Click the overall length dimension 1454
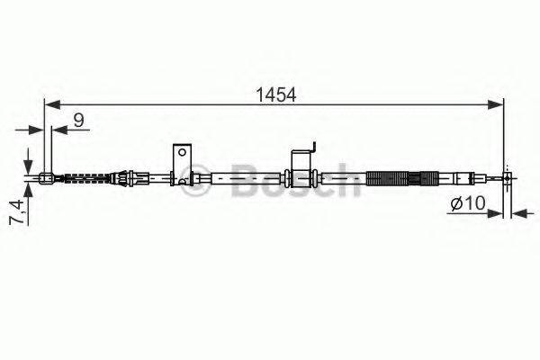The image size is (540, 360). click(x=275, y=94)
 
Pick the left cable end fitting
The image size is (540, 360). click(x=47, y=176)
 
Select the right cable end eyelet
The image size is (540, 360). click(x=508, y=178)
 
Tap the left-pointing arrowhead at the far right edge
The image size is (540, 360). click(x=517, y=214)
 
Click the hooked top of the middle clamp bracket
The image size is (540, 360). click(x=311, y=145)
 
